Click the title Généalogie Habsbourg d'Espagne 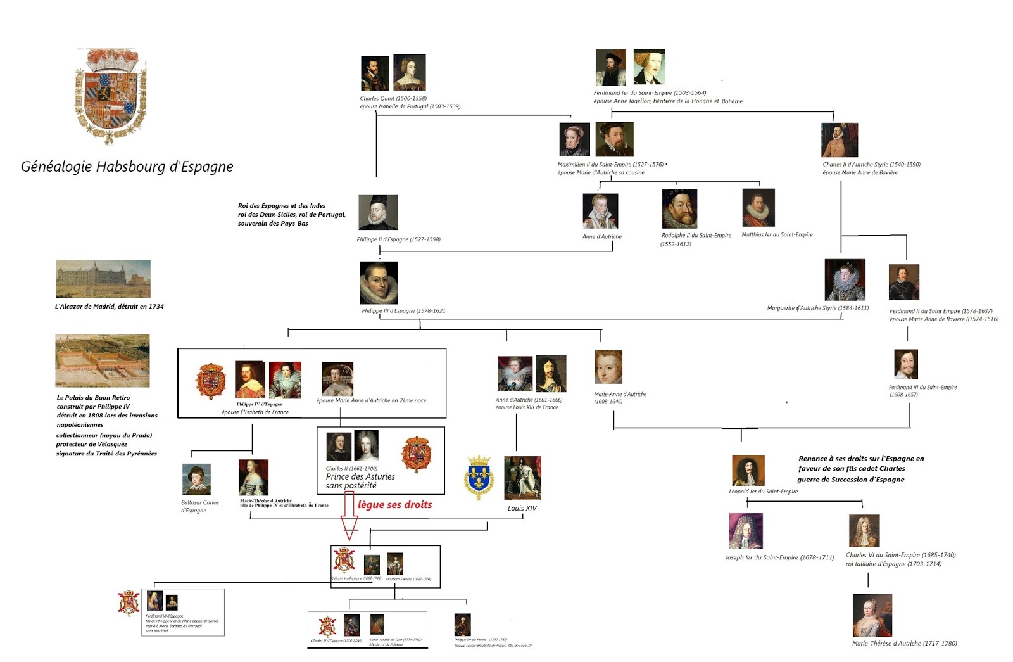(x=127, y=167)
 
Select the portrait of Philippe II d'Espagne (x=378, y=213)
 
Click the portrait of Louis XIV (x=522, y=478)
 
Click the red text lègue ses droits (x=394, y=505)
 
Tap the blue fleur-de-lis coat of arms (x=479, y=478)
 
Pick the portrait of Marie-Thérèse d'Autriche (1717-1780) (x=872, y=615)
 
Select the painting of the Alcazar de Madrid (x=103, y=279)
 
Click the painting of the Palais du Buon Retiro (x=103, y=360)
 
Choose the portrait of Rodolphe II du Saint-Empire (x=679, y=209)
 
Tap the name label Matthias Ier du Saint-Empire (x=777, y=235)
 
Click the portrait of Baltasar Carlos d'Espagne (x=196, y=480)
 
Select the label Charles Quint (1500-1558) (x=393, y=99)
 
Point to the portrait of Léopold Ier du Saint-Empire (x=748, y=471)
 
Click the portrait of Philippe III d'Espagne (x=379, y=283)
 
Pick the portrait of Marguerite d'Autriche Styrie (x=845, y=280)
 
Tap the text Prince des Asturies (x=360, y=477)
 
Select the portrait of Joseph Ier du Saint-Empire (x=746, y=531)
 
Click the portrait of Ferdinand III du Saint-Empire (x=906, y=364)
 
